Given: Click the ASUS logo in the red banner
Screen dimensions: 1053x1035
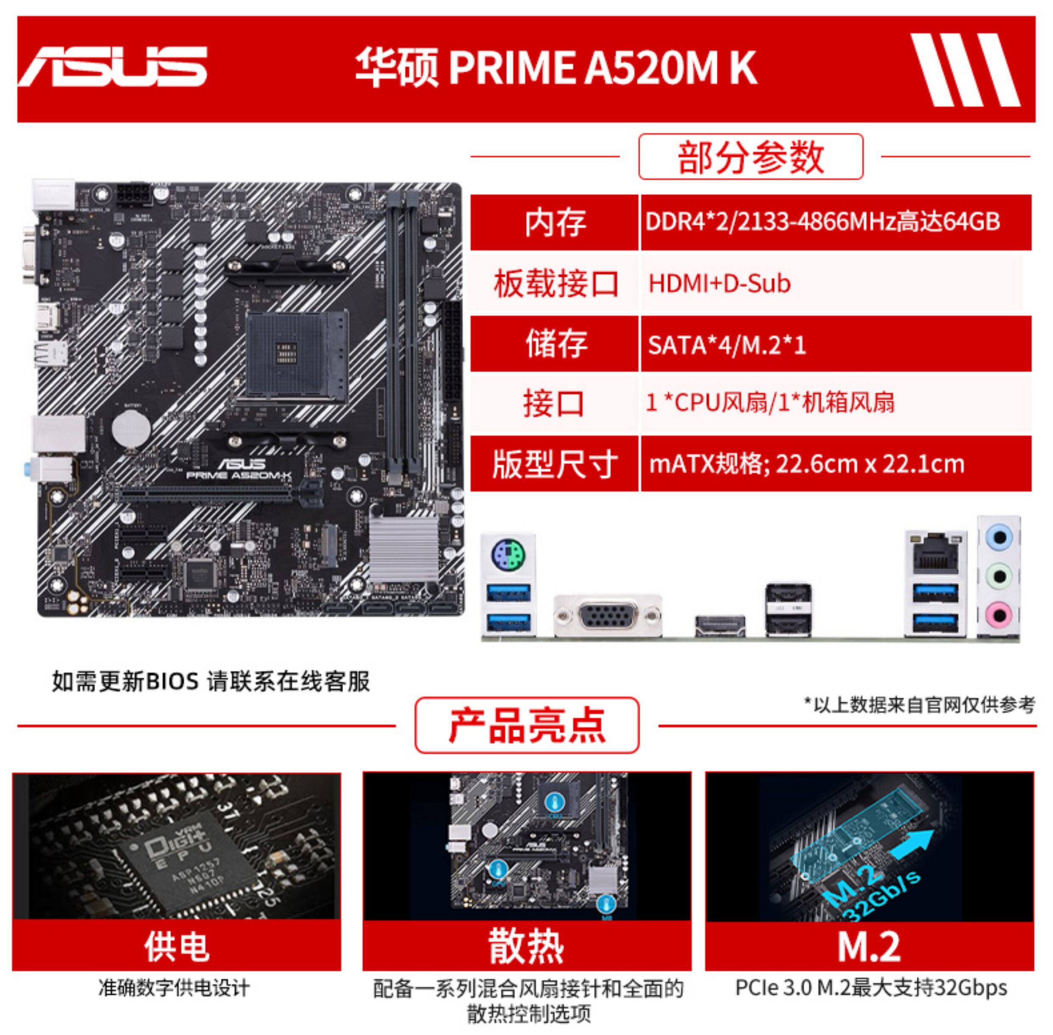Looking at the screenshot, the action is point(113,66).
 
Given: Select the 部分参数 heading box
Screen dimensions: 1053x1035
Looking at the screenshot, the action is point(750,156).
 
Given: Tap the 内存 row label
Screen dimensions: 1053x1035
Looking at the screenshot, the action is point(554,222).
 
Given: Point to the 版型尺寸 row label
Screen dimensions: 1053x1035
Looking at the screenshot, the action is point(554,464).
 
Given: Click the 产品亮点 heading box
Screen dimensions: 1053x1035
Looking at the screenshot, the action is point(526,726).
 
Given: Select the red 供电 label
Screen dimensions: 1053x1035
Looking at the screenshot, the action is point(177,946).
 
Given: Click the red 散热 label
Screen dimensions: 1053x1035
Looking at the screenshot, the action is point(526,946).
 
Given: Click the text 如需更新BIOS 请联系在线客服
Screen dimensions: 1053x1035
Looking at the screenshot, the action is point(211,681).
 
